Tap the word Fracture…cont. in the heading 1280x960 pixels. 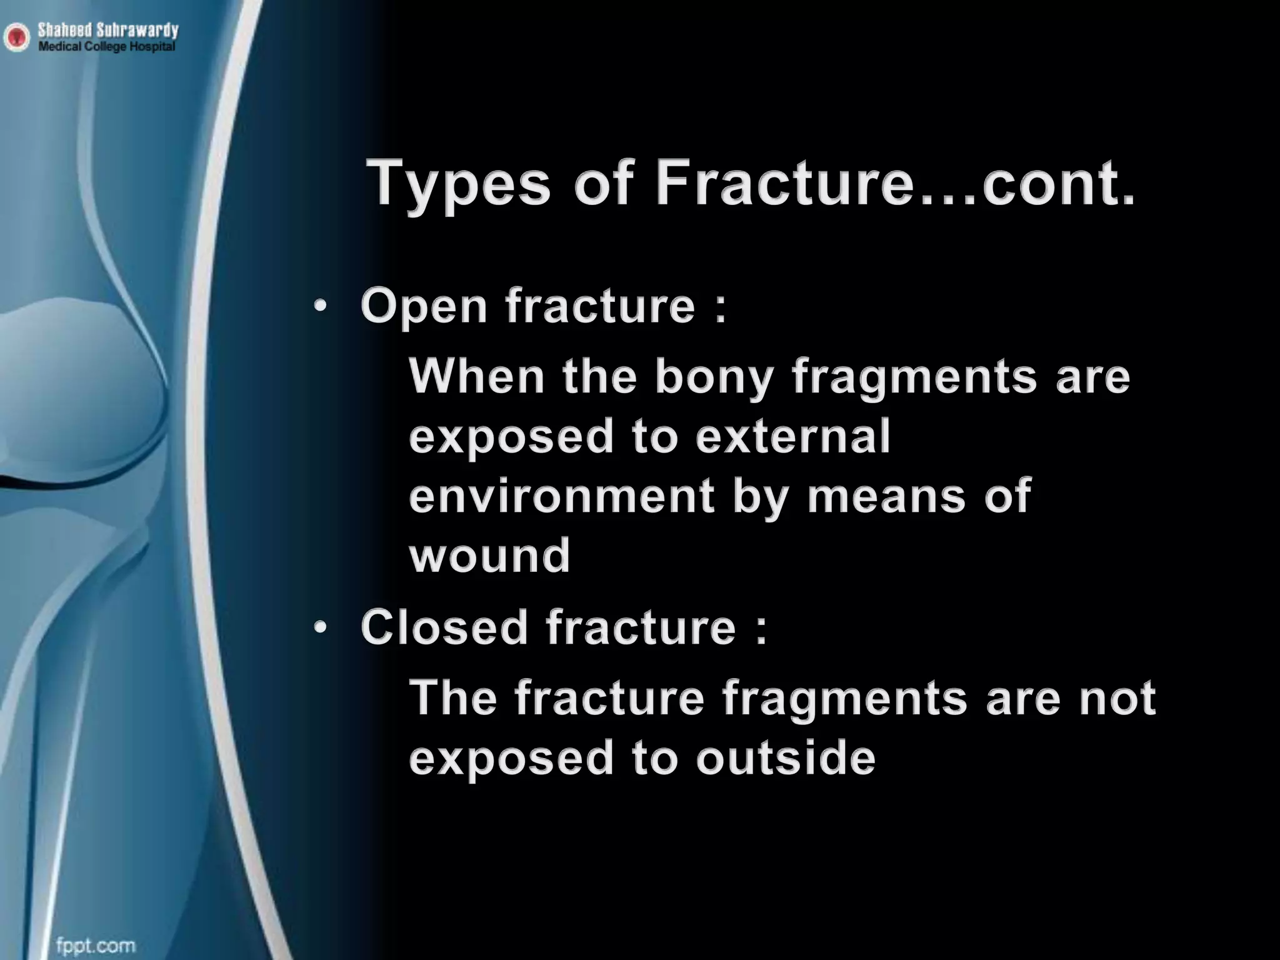[x=894, y=183]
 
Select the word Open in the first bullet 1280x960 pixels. [x=424, y=308]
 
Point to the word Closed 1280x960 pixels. [x=444, y=627]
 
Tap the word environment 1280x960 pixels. [x=561, y=496]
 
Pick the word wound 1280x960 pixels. [x=489, y=555]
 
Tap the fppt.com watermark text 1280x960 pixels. [x=96, y=946]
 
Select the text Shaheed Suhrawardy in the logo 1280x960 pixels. [x=107, y=30]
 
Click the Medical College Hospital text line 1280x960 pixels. [x=107, y=47]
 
